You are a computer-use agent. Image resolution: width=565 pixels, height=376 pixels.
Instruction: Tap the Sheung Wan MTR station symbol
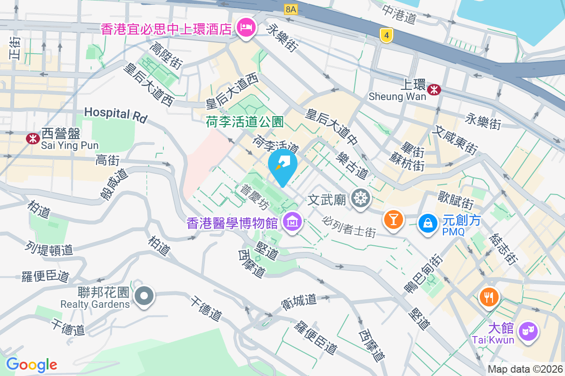point(434,88)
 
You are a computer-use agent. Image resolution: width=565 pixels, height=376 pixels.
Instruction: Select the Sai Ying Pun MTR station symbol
point(32,139)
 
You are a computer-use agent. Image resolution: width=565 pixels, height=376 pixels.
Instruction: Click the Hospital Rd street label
point(116,114)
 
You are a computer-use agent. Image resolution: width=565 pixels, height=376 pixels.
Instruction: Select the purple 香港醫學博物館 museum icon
point(292,221)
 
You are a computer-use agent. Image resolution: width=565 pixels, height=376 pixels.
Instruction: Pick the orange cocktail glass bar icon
point(393,219)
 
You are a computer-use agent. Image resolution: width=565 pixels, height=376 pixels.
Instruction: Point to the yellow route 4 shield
point(386,34)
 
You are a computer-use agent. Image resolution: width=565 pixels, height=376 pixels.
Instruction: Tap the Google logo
point(32,364)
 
